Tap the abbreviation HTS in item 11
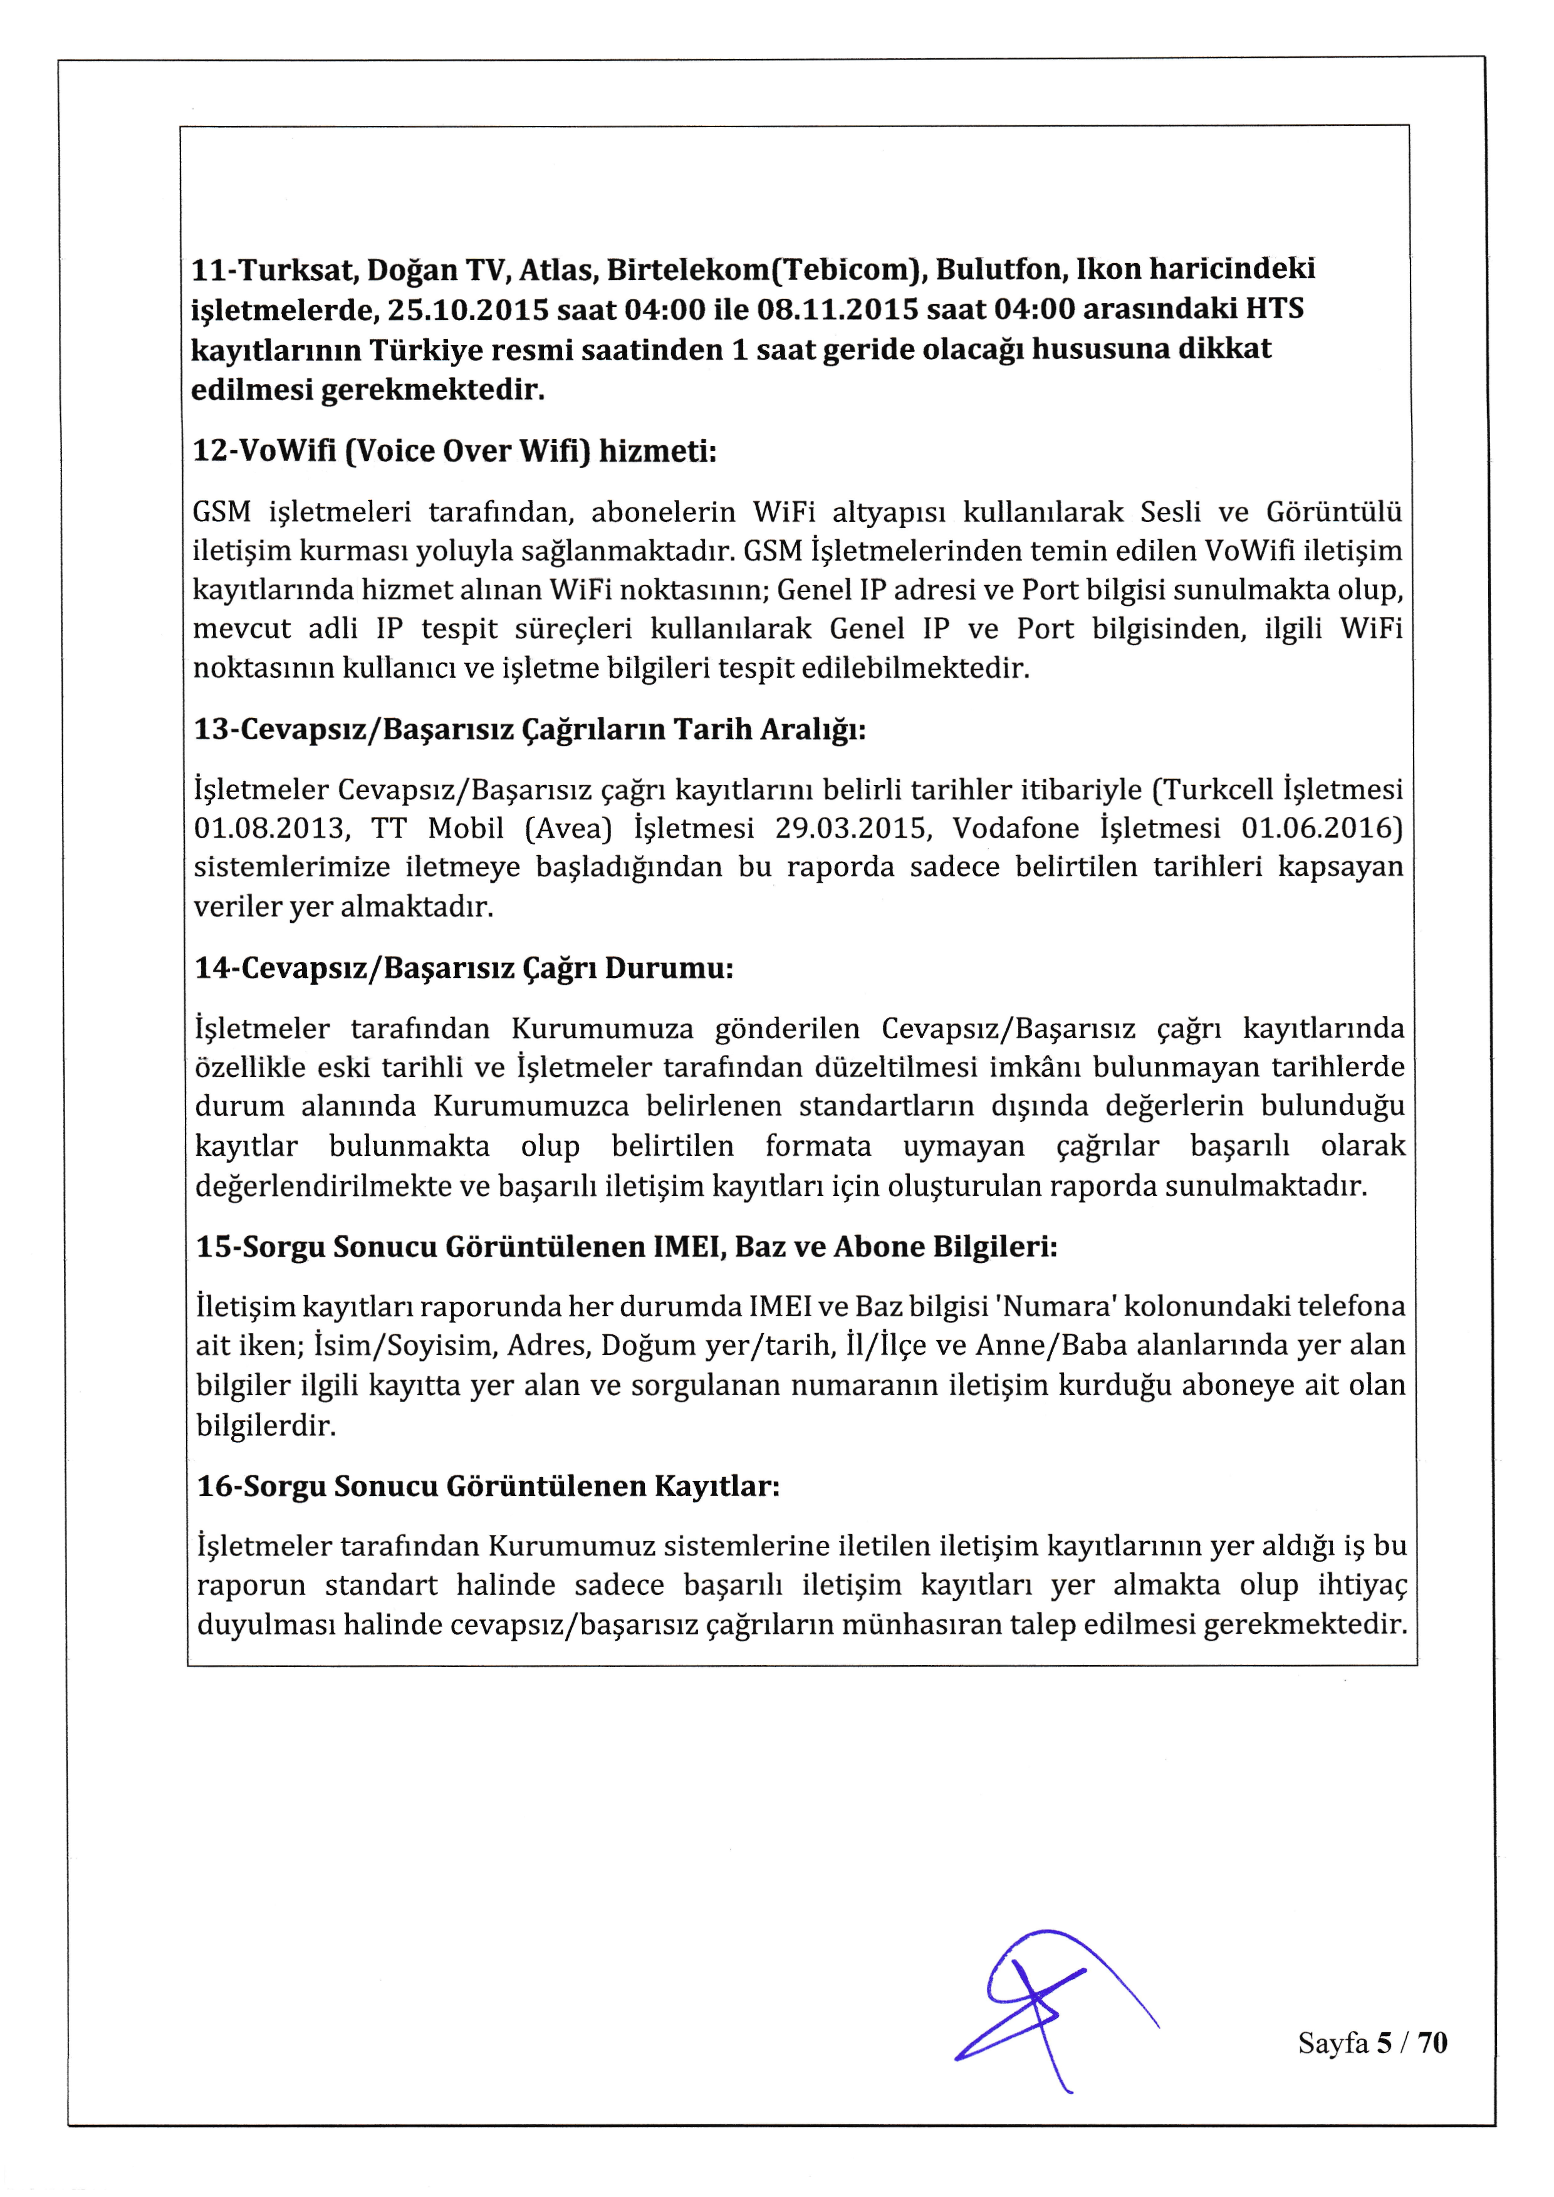click(x=1274, y=308)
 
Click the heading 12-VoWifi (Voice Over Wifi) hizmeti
click(x=454, y=450)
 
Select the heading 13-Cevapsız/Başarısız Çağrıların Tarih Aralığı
click(x=530, y=729)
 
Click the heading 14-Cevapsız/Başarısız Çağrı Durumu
click(x=464, y=969)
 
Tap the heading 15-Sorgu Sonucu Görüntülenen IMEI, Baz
click(x=627, y=1247)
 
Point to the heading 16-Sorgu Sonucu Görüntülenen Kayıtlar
click(x=488, y=1486)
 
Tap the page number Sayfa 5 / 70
click(x=1372, y=2043)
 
